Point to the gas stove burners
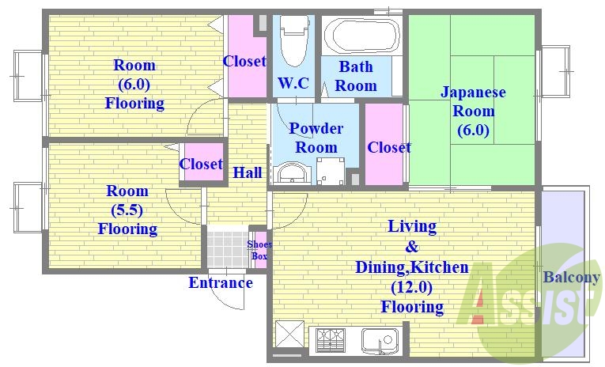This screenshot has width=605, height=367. [x=331, y=341]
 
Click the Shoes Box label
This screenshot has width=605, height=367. [x=259, y=250]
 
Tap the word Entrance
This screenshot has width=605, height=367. [x=220, y=282]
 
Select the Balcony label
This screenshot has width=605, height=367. [x=571, y=278]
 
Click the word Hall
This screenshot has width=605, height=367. [x=248, y=172]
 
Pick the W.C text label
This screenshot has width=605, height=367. [x=293, y=82]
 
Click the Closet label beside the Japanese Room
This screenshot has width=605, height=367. [x=388, y=147]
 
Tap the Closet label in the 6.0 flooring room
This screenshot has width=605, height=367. [x=244, y=61]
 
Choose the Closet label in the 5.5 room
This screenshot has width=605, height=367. [x=201, y=164]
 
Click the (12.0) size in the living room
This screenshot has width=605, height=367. [x=411, y=287]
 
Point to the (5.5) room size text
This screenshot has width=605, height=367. [x=127, y=210]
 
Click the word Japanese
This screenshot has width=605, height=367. [x=473, y=92]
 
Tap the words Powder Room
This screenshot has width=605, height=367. [x=316, y=138]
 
